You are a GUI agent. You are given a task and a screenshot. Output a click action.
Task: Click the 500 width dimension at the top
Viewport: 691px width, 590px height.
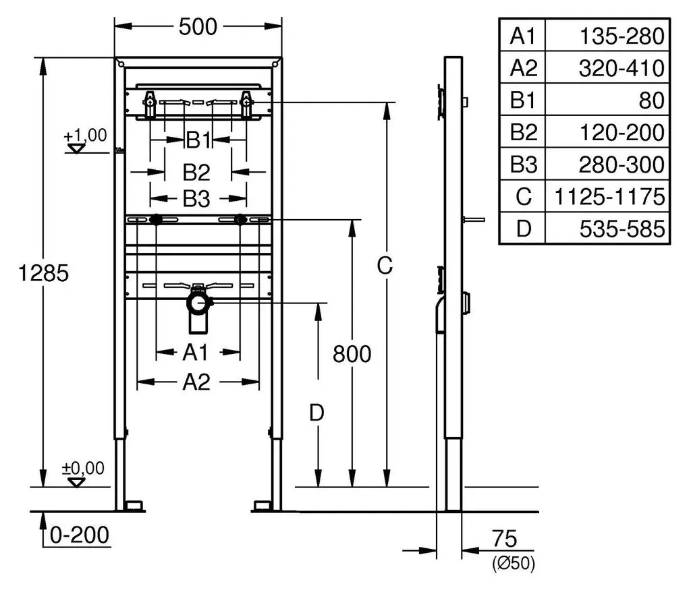pos(198,27)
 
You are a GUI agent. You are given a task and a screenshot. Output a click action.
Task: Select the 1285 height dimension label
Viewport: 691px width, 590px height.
pos(44,273)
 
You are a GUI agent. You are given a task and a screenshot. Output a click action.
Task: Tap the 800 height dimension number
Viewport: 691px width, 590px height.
pos(352,354)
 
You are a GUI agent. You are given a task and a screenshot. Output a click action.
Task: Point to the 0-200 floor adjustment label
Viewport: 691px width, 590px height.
pos(80,535)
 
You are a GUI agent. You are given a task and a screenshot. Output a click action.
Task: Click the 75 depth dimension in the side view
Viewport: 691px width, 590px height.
pos(504,538)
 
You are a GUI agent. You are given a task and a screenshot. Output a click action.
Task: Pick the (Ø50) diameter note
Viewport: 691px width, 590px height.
pos(514,563)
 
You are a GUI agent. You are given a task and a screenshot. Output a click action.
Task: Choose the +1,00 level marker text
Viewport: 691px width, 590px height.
pos(85,135)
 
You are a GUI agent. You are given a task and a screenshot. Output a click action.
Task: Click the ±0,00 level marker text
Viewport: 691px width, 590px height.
pos(83,468)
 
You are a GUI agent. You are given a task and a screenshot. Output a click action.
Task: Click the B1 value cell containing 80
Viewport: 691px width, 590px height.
pos(651,100)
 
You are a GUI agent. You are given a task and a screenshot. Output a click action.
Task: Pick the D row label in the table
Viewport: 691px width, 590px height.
pos(523,229)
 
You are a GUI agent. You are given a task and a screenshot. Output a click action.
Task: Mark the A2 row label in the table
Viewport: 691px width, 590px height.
pos(523,68)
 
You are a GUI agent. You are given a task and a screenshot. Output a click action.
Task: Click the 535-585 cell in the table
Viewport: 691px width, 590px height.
pos(621,229)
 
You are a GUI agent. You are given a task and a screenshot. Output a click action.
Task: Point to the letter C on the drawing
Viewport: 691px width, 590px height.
pos(385,266)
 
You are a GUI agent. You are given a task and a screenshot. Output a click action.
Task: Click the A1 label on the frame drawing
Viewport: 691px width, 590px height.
pos(195,352)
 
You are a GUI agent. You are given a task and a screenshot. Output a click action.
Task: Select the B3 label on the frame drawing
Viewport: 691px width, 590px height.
pos(196,199)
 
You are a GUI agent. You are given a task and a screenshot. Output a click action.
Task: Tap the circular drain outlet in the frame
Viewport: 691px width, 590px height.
pos(199,303)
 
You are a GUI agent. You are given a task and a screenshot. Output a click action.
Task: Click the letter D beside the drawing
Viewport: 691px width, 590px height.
pos(316,413)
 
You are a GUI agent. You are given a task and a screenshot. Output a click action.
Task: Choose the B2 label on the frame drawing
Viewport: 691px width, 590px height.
pos(196,172)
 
